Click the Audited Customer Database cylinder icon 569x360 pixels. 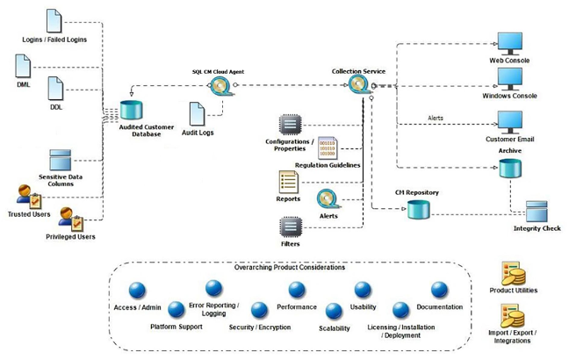[132, 111]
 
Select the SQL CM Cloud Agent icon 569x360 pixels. [220, 86]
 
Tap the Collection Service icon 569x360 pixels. [358, 85]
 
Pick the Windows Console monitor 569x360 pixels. [510, 80]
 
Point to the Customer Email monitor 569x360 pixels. [510, 121]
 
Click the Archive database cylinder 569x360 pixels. [510, 168]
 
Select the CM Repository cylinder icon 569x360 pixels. [418, 210]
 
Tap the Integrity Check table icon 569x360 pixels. [537, 212]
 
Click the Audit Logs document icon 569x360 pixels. [199, 113]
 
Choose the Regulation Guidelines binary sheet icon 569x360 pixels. [328, 148]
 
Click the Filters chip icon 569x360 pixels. [290, 226]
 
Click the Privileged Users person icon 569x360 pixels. [70, 218]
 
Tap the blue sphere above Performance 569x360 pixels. [297, 290]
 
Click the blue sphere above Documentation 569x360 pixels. [439, 290]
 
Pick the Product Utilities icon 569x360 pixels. [513, 273]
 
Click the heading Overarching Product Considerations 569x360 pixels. [277, 267]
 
